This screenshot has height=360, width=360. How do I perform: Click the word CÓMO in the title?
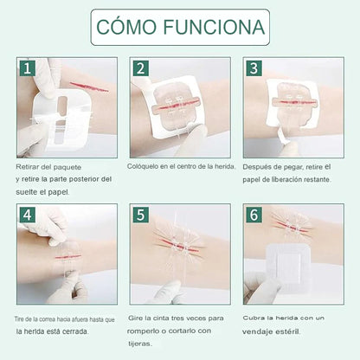click(126, 27)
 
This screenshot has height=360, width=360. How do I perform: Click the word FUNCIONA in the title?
click(214, 27)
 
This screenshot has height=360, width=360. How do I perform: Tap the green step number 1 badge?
click(28, 68)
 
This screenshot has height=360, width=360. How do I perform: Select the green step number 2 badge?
click(141, 68)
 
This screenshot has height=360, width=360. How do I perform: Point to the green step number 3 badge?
click(254, 68)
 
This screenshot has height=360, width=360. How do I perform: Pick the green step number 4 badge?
click(28, 215)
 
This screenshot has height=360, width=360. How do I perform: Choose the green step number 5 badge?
click(141, 215)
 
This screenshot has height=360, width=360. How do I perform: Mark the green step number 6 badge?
click(254, 215)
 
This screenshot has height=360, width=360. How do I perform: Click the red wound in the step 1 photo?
click(89, 87)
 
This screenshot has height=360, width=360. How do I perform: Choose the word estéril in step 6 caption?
click(288, 331)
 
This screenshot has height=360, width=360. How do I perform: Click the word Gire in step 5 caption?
click(135, 318)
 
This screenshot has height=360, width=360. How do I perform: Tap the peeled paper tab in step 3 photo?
click(283, 136)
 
